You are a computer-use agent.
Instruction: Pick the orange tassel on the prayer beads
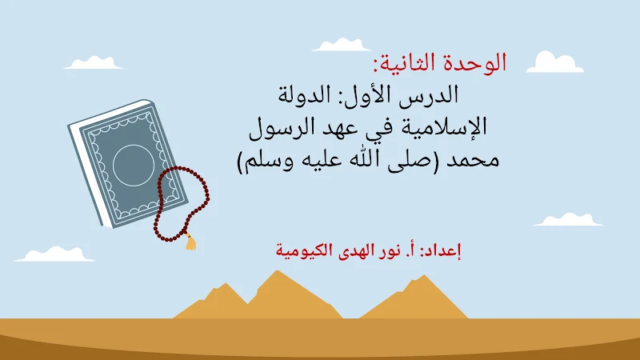point(190,241)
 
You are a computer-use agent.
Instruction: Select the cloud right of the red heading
point(554,62)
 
